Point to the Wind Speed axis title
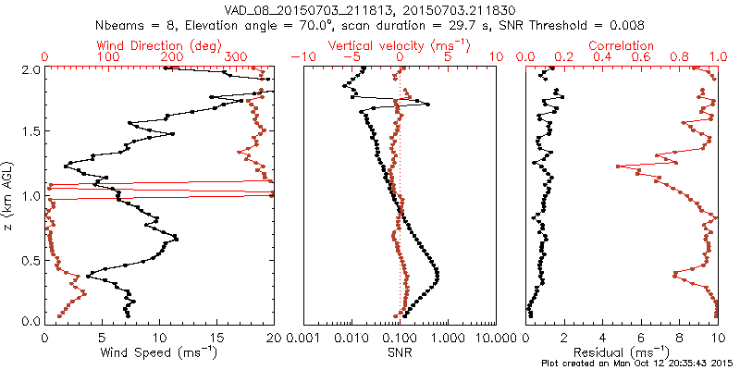pos(159,352)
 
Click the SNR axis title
pos(400,352)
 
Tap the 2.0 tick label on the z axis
pos(31,69)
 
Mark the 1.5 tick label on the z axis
pos(31,132)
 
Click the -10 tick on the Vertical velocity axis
pos(303,57)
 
